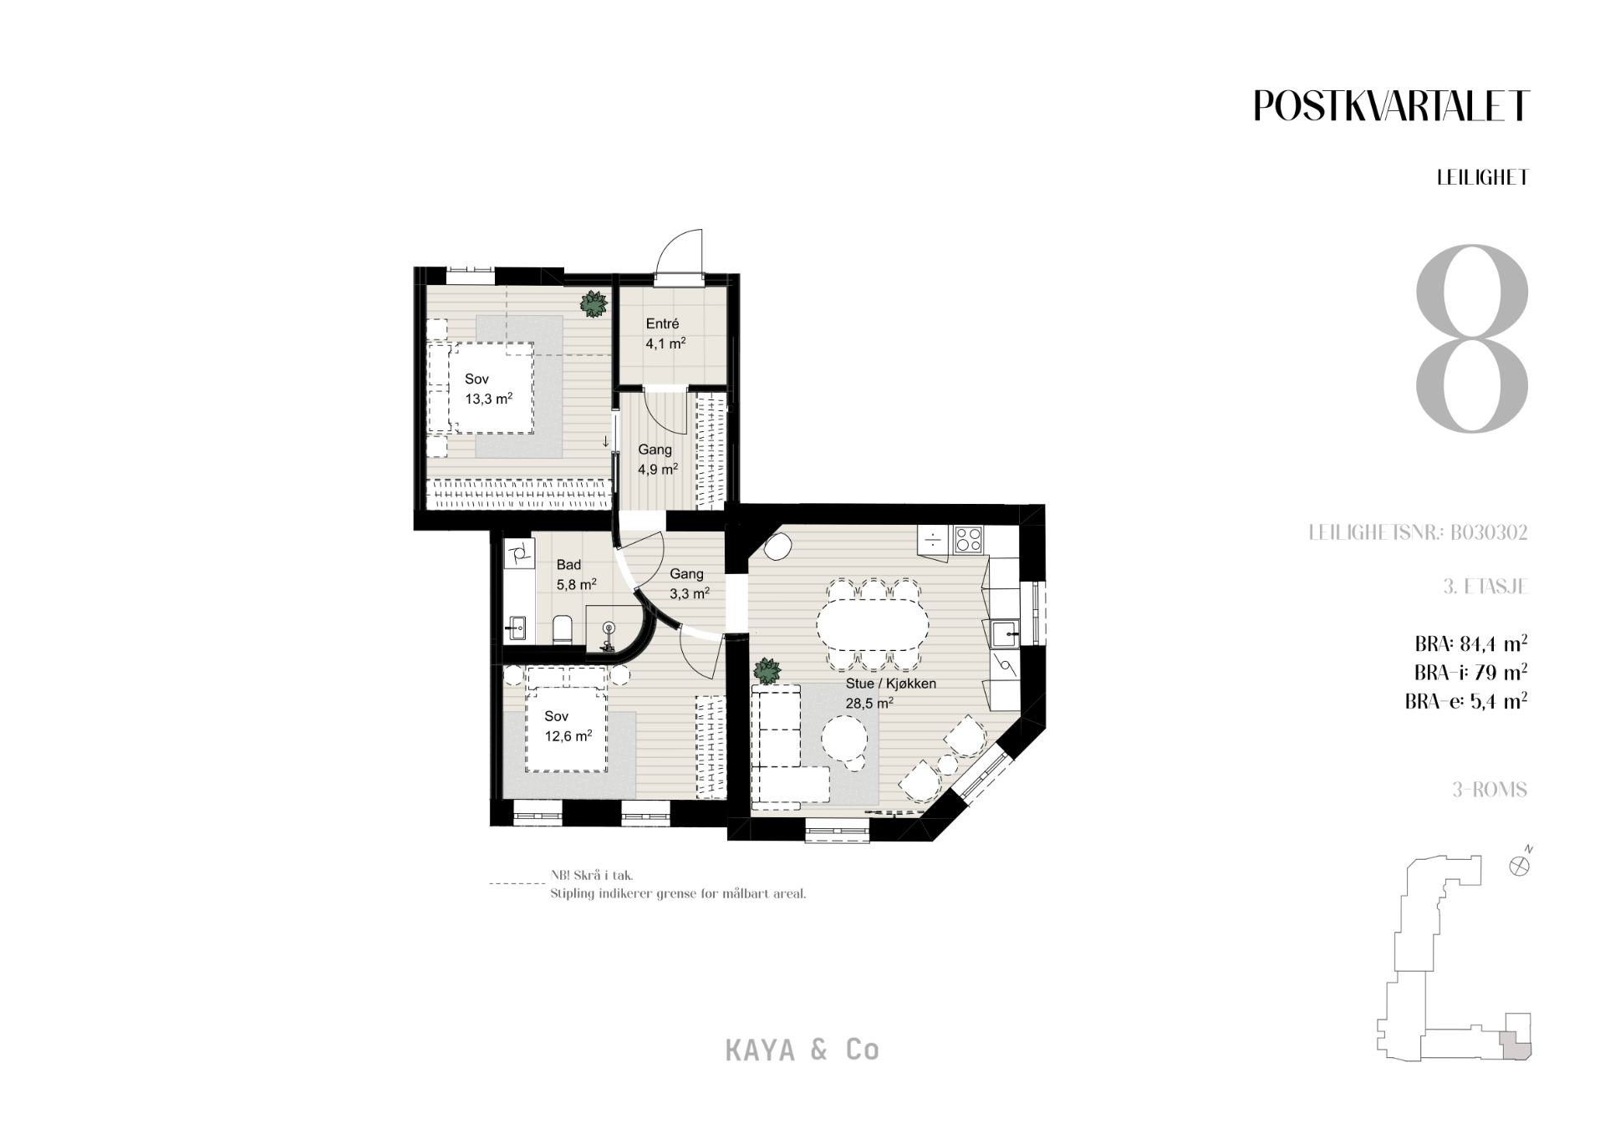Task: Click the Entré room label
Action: pyautogui.click(x=662, y=323)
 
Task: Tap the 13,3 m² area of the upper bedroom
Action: pyautogui.click(x=488, y=399)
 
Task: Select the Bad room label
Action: pyautogui.click(x=568, y=565)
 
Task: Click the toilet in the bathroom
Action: pyautogui.click(x=562, y=630)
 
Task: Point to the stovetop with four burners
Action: pyautogui.click(x=969, y=538)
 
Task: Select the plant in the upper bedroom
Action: pyautogui.click(x=594, y=303)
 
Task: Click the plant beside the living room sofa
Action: pyautogui.click(x=767, y=671)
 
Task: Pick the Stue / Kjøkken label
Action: pyautogui.click(x=890, y=684)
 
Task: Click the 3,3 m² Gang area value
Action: pyautogui.click(x=690, y=593)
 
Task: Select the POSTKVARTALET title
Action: pyautogui.click(x=1391, y=106)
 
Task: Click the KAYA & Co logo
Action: pyautogui.click(x=802, y=1050)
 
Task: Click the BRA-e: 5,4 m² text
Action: pyautogui.click(x=1466, y=701)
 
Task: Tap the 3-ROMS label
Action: pyautogui.click(x=1490, y=790)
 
